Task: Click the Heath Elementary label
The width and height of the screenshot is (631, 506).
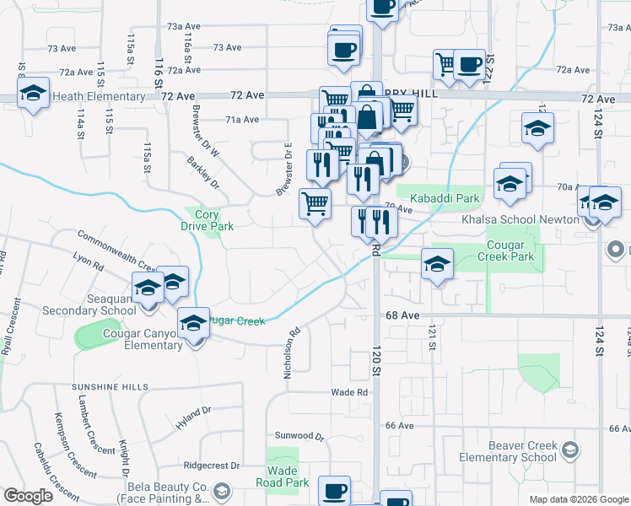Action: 99,97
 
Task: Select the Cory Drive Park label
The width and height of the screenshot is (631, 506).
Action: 207,220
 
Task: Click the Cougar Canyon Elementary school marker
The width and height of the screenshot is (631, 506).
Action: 193,324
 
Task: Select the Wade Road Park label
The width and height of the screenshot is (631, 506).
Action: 288,476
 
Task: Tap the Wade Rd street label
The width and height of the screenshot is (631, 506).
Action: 349,393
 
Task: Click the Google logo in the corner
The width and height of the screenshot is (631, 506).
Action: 28,496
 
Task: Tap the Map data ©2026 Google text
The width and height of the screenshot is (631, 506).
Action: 578,499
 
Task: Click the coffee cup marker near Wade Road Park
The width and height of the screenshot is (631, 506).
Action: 334,492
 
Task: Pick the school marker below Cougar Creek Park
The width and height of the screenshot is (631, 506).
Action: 437,266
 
